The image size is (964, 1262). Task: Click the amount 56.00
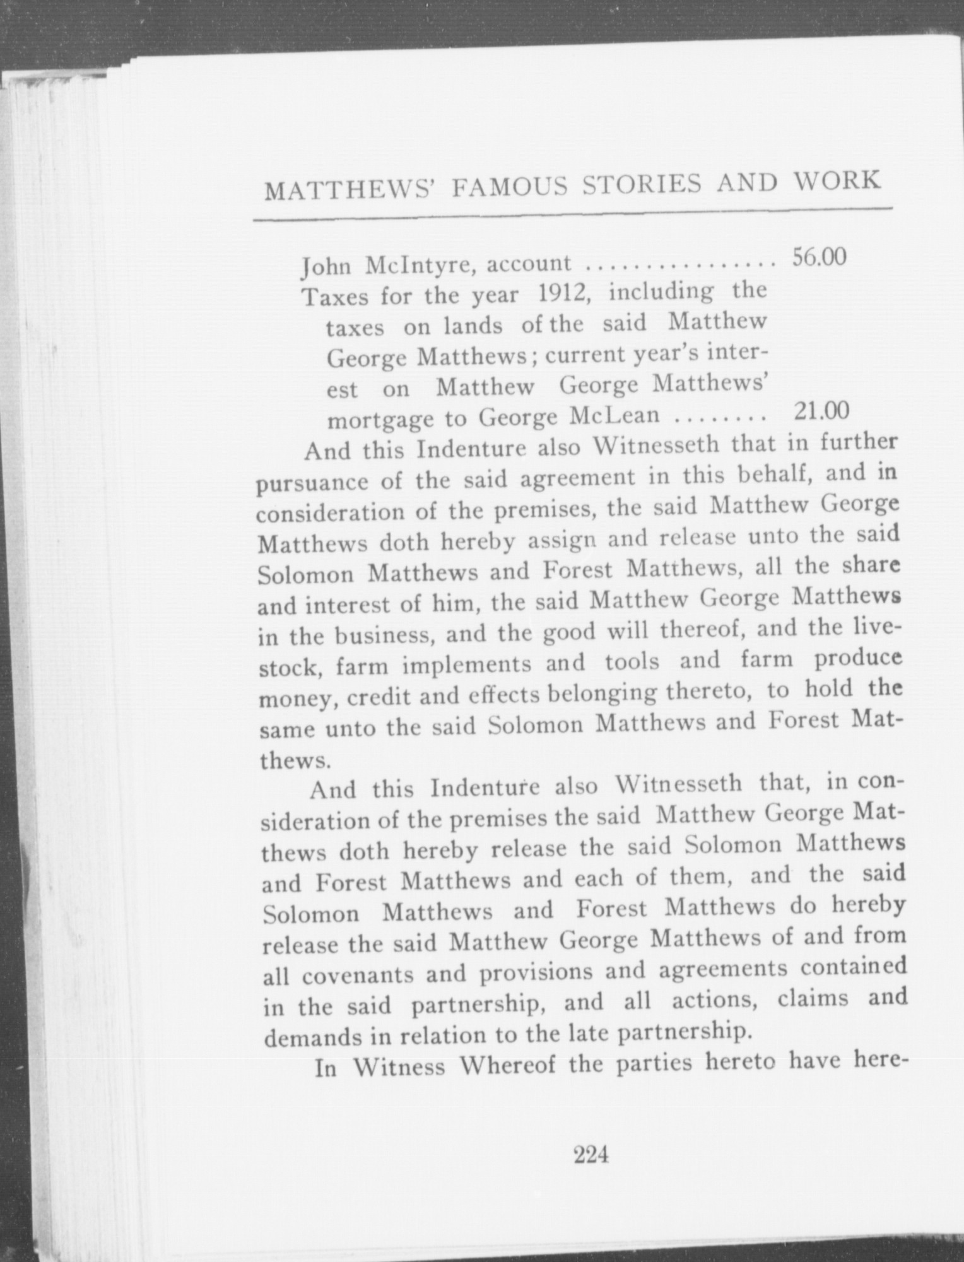coord(818,257)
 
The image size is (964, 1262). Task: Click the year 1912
coord(563,293)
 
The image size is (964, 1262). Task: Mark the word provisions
coord(536,972)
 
